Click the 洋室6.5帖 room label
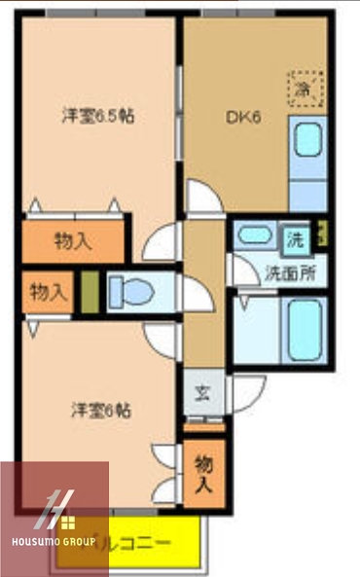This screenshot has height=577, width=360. click(x=98, y=116)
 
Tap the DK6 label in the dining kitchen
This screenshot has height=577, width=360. click(x=241, y=118)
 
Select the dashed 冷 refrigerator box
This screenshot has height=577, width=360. click(x=303, y=86)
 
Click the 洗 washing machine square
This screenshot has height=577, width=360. click(x=294, y=237)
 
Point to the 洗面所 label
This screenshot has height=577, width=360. click(x=290, y=273)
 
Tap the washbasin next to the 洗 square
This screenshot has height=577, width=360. click(x=256, y=235)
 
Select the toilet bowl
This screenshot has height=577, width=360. click(x=126, y=290)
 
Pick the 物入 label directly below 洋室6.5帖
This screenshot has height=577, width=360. click(x=73, y=239)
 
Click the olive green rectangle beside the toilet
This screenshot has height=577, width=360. click(x=89, y=291)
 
